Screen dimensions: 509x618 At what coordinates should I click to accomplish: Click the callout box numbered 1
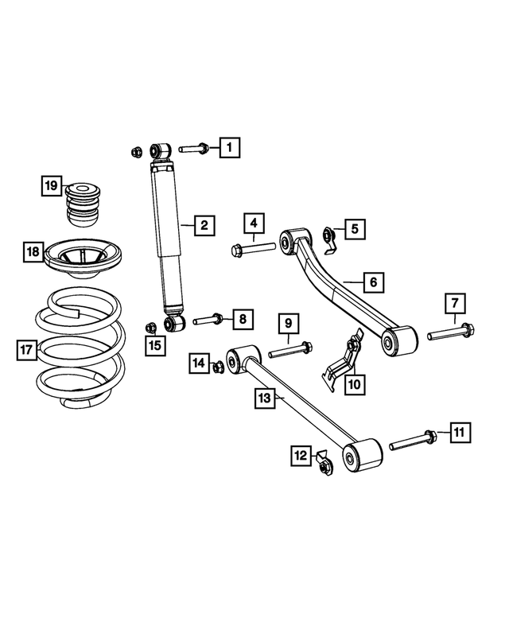[x=230, y=147]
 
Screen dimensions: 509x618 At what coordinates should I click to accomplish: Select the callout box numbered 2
[x=204, y=225]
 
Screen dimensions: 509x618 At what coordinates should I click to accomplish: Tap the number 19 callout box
[x=52, y=185]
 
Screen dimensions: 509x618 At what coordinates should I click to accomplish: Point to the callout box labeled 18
[x=33, y=251]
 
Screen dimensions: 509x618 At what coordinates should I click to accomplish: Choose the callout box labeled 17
[x=27, y=350]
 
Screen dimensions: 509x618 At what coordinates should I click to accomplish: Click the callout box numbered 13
[x=265, y=398]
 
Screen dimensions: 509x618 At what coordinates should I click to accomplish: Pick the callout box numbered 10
[x=355, y=384]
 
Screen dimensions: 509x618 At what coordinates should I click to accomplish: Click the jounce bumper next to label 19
[x=83, y=204]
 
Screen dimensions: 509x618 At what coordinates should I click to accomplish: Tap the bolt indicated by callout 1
[x=193, y=149]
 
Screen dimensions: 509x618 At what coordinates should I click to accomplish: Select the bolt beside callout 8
[x=208, y=319]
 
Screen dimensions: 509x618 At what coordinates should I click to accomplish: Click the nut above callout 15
[x=150, y=327]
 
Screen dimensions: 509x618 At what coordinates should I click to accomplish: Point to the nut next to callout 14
[x=218, y=367]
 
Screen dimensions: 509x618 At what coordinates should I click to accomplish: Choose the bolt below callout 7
[x=451, y=332]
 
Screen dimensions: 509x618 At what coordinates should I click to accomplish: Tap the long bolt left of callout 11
[x=413, y=441]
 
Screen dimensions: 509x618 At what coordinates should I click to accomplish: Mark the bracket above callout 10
[x=343, y=360]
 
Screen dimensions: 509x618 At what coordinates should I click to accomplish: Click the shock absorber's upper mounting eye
[x=161, y=150]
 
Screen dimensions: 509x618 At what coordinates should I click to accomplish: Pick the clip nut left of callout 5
[x=329, y=240]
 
